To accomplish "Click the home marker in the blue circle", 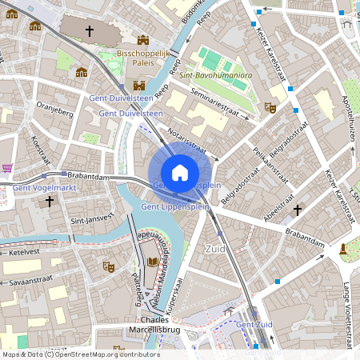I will click(x=179, y=172).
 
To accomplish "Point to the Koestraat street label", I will click(x=36, y=150).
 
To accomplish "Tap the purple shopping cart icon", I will click(x=7, y=168).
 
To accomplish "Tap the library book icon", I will click(x=152, y=262).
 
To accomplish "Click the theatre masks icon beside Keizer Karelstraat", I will click(x=270, y=106).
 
